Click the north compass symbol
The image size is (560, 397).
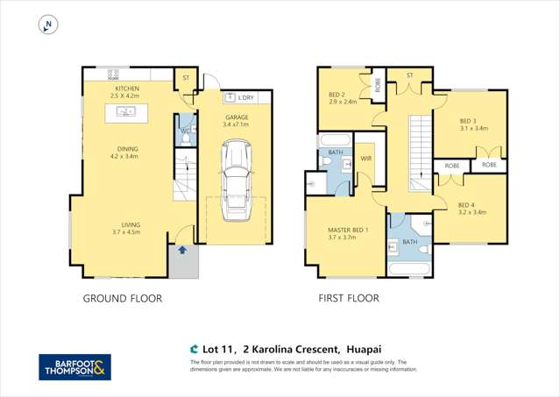[47, 25]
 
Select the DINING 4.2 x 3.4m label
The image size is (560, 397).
[128, 152]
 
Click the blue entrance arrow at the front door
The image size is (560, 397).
[182, 251]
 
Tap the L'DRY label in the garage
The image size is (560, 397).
[237, 96]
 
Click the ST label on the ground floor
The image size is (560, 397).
[186, 78]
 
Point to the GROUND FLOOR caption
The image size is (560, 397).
[123, 298]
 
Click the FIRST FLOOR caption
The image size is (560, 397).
[348, 298]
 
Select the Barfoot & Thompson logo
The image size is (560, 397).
[75, 367]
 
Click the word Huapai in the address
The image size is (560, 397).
[351, 346]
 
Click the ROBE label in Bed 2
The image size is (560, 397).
[378, 86]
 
